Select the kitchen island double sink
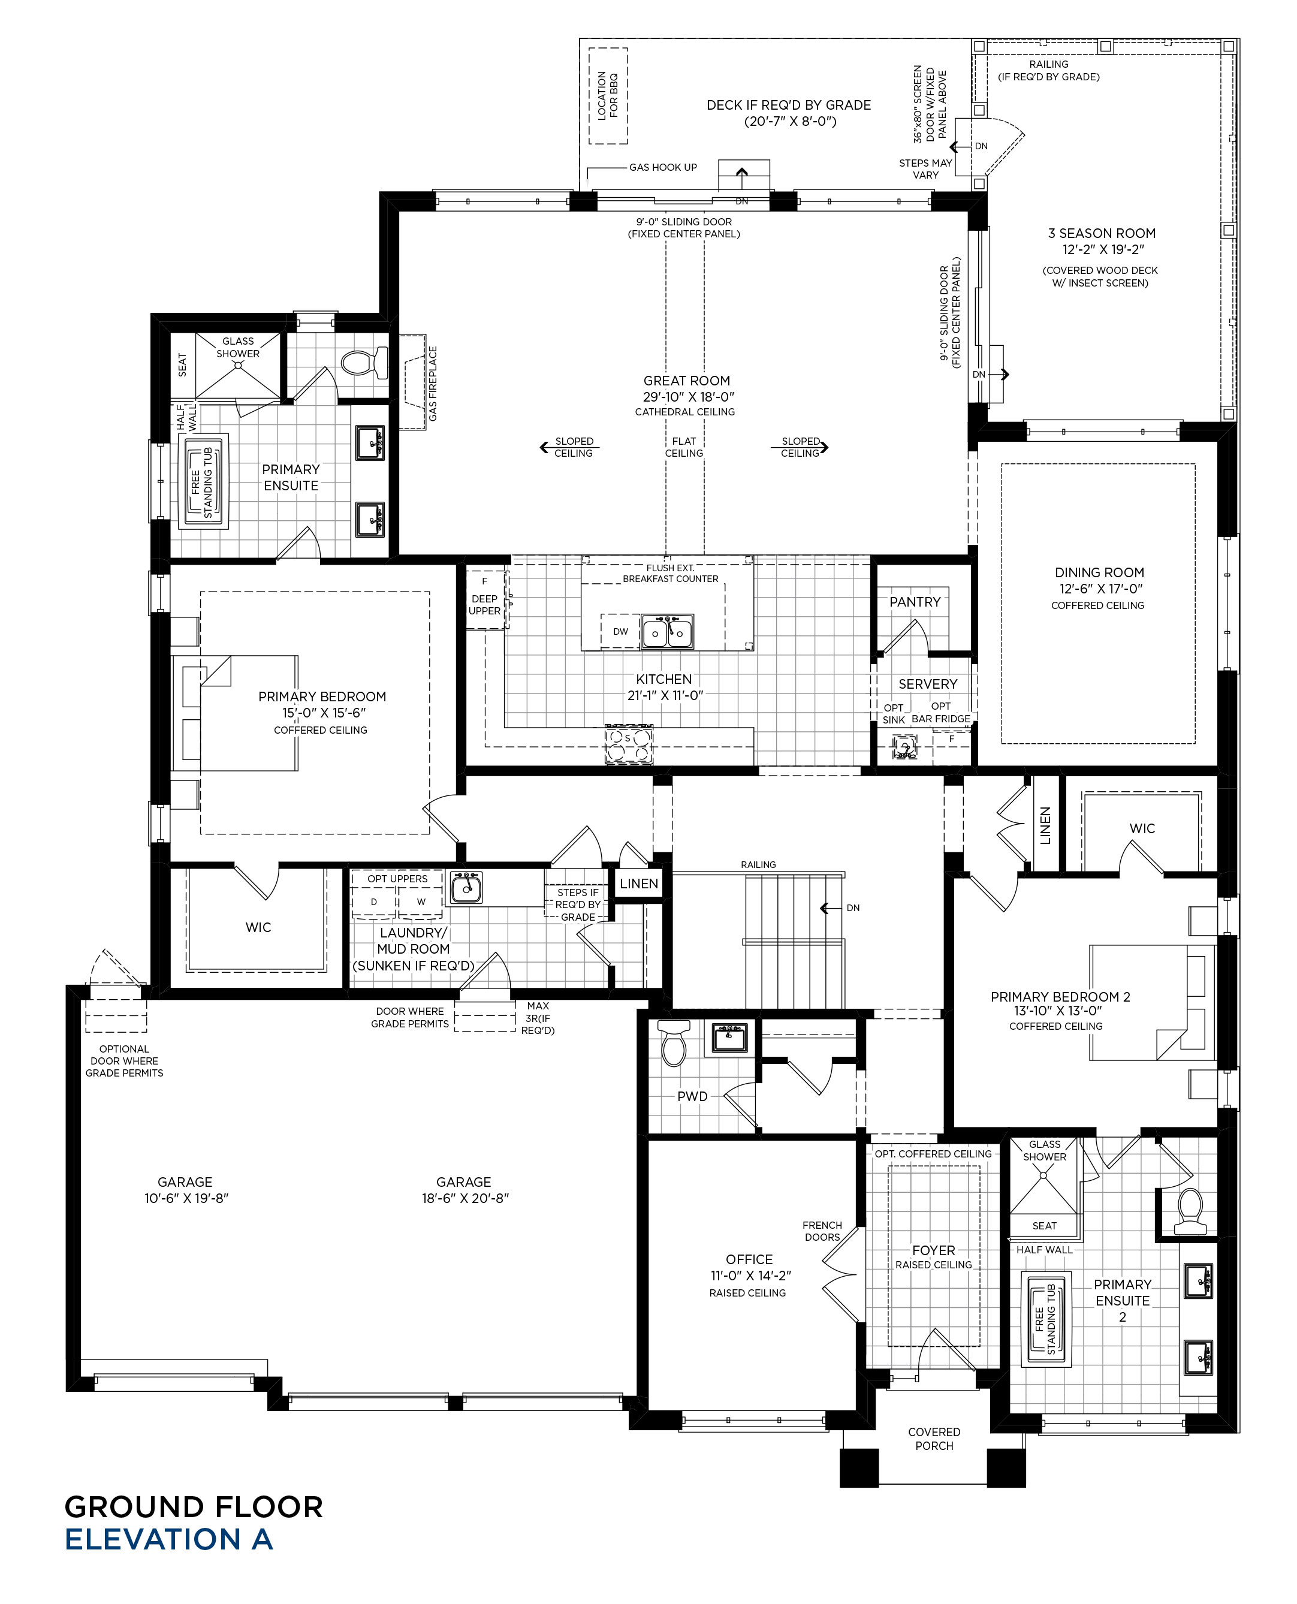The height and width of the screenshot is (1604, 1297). tap(667, 632)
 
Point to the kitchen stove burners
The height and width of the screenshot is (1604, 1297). tap(628, 745)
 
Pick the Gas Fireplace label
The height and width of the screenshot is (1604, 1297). tap(433, 383)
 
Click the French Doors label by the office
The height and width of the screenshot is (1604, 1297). tap(822, 1231)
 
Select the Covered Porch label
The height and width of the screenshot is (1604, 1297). tap(934, 1439)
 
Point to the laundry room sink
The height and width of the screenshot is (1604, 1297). tap(466, 888)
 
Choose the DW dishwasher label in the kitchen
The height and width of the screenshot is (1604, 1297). tap(620, 631)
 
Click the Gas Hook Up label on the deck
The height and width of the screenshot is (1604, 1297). tap(663, 167)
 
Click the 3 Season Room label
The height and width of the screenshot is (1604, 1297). tap(1101, 234)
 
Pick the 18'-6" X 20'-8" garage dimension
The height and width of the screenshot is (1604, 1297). tap(464, 1198)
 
